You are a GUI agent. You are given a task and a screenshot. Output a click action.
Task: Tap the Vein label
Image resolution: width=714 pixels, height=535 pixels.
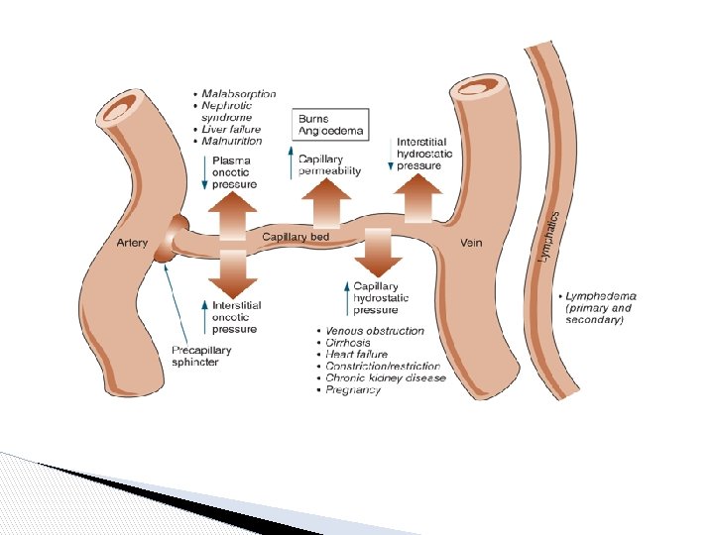tap(471, 243)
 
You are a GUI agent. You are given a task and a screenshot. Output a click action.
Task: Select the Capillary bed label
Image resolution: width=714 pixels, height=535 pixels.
tap(296, 237)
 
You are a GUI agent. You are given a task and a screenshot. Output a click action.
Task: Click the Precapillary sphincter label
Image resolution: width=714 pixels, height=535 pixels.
tap(201, 356)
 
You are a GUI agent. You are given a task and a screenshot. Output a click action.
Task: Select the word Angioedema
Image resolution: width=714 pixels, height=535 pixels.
tap(331, 130)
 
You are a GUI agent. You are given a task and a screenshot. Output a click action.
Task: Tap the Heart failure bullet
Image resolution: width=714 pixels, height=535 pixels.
tap(356, 355)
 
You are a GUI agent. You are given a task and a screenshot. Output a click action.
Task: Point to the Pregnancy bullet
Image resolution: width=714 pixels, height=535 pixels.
tap(353, 390)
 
